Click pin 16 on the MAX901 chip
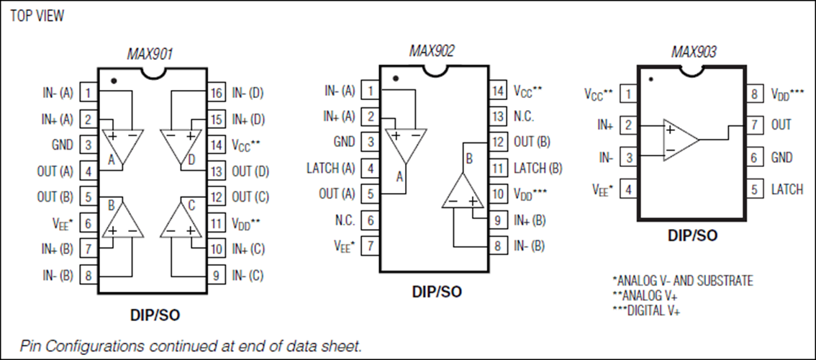click(216, 94)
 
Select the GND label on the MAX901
click(63, 145)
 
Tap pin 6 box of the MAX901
click(89, 223)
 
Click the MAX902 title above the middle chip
click(432, 51)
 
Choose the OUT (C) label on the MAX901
click(250, 197)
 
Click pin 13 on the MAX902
click(498, 116)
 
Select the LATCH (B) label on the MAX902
click(538, 168)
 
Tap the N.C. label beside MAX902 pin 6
click(344, 220)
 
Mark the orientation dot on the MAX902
click(396, 78)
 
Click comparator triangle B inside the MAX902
click(463, 189)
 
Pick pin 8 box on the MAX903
click(755, 94)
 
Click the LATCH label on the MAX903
click(787, 189)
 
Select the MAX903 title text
click(694, 52)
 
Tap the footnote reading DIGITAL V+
click(646, 310)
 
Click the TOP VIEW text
click(37, 16)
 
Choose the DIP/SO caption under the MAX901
click(155, 315)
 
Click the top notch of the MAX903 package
click(692, 69)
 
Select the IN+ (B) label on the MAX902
click(530, 220)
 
